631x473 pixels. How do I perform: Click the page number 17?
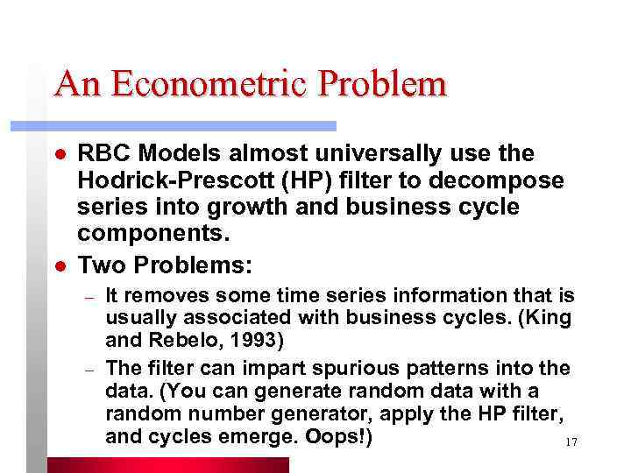571,442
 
